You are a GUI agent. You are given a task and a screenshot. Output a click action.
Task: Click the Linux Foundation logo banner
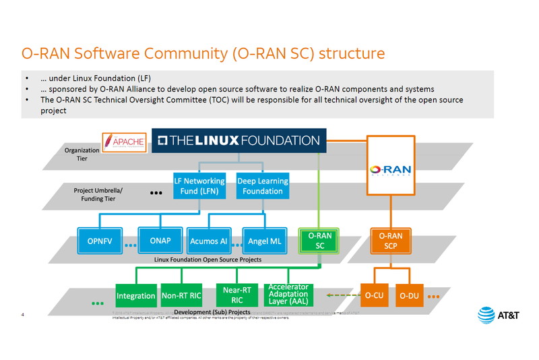(239, 141)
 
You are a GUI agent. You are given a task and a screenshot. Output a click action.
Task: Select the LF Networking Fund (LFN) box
(199, 186)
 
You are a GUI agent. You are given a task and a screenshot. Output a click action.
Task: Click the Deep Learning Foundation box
(263, 186)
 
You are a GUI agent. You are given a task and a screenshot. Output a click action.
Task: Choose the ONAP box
(160, 241)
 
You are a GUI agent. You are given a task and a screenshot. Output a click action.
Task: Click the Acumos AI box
(209, 241)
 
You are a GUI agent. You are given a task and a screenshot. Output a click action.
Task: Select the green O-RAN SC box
(320, 241)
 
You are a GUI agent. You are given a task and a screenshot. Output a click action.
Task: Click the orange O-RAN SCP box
(390, 241)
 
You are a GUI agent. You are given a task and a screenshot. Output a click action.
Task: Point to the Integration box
(136, 296)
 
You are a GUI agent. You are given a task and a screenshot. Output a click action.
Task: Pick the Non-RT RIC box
(181, 295)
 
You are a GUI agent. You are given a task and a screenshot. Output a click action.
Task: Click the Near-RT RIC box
(236, 295)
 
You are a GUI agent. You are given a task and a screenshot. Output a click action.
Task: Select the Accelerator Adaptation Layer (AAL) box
(288, 295)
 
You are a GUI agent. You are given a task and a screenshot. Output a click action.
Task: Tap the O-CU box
(375, 295)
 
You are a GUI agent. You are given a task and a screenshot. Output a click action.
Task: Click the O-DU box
(409, 295)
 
